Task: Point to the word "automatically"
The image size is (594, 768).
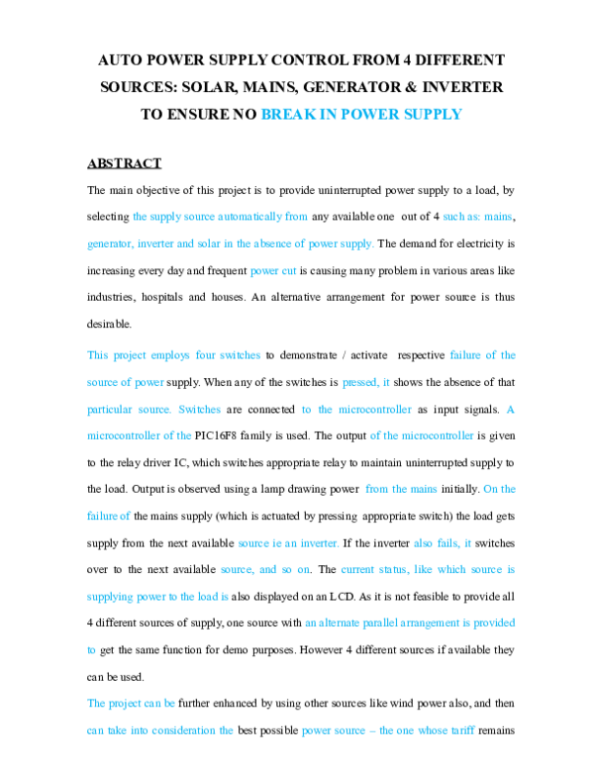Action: (247, 216)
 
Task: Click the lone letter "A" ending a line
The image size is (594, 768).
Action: (511, 409)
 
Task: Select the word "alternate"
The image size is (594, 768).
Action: (346, 624)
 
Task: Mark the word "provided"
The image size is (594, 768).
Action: (493, 624)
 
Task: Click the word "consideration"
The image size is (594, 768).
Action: (197, 730)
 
